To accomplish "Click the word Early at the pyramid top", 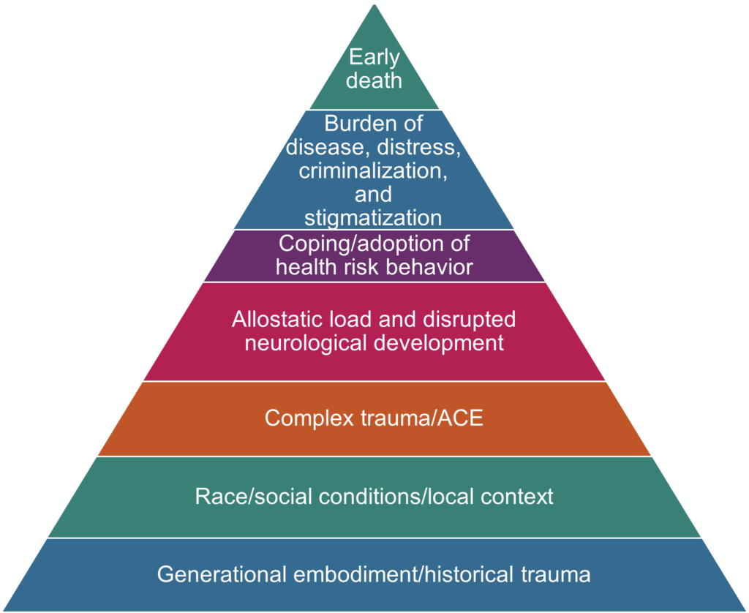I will click(374, 58).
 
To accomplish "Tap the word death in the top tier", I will click(374, 80).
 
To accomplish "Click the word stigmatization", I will click(373, 218).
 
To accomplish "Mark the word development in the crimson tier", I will click(446, 342).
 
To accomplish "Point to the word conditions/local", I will click(392, 497).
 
